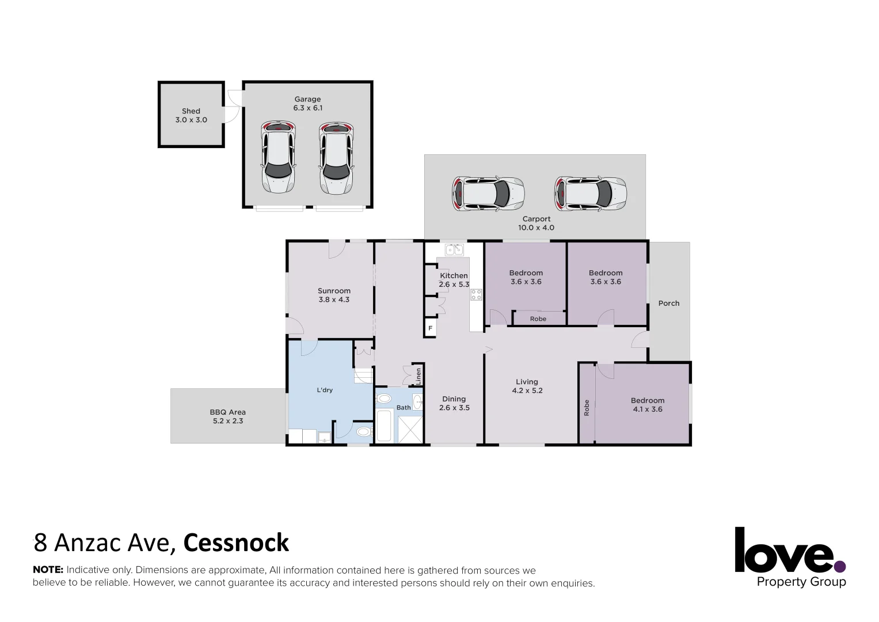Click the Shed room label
[x=191, y=111]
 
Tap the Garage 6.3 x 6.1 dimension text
[x=307, y=108]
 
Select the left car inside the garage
[x=278, y=157]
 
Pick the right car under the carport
[x=590, y=194]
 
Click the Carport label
[x=536, y=219]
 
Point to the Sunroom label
[x=334, y=291]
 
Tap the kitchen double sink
[x=454, y=249]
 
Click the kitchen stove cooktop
[x=476, y=295]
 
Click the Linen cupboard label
[x=418, y=376]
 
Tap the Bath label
[x=404, y=408]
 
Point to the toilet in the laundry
[x=363, y=431]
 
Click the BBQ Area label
[x=227, y=412]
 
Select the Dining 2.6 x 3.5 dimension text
[x=454, y=408]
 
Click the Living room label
[x=527, y=382]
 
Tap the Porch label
[x=668, y=303]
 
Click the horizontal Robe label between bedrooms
[x=538, y=318]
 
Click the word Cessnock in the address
[x=236, y=543]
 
